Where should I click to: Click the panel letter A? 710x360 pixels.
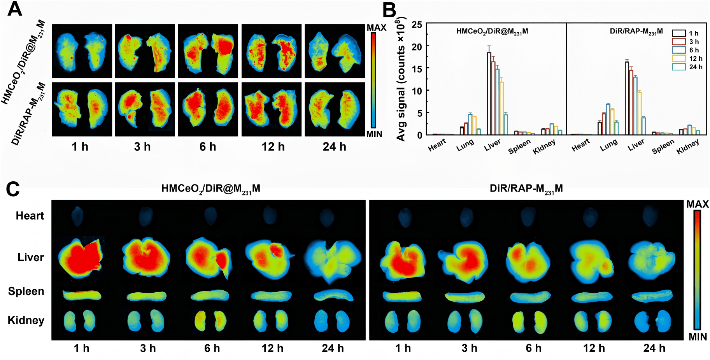15,9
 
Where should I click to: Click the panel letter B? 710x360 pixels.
389,10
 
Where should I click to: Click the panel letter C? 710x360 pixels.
13,189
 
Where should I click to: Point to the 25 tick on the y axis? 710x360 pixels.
417,25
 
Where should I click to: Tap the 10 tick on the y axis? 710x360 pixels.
417,91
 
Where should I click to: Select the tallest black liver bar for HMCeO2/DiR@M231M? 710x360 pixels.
489,93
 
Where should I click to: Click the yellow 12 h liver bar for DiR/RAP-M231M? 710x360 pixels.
639,113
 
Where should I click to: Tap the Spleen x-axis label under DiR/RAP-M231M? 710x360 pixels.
663,147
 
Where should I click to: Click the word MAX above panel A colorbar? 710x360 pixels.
376,28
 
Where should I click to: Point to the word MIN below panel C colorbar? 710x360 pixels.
698,337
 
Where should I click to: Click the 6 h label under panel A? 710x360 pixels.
208,147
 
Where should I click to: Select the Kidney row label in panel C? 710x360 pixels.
26,320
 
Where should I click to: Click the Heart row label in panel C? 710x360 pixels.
30,216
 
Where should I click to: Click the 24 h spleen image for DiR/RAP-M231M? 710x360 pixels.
652,296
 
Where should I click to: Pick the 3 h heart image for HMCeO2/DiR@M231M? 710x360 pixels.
146,216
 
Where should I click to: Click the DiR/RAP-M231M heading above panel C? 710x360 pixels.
526,189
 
